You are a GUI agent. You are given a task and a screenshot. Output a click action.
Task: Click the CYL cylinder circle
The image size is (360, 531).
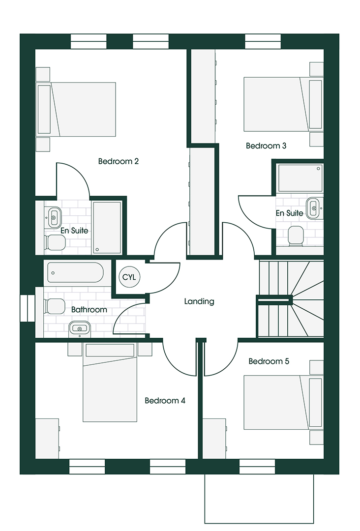129,277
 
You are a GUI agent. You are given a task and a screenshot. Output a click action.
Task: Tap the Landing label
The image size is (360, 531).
199,301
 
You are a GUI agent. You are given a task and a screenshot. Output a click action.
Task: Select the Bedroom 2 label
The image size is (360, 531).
119,161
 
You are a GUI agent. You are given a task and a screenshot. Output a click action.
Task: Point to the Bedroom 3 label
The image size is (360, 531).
266,146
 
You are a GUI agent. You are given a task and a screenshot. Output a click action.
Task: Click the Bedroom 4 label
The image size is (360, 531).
165,401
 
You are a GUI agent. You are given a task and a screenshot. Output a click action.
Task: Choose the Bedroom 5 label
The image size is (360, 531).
269,361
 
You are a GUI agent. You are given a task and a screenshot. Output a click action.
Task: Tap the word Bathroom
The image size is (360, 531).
89,310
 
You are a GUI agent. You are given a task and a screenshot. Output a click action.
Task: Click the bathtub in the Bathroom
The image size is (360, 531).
75,272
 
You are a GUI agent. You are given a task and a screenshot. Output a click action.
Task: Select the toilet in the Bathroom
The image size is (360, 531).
54,306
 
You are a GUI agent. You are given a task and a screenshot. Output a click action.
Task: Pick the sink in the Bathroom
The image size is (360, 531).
80,328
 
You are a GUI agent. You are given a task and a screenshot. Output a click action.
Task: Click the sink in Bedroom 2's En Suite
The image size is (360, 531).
54,217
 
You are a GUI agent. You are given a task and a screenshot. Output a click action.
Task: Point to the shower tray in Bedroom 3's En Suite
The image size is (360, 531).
300,178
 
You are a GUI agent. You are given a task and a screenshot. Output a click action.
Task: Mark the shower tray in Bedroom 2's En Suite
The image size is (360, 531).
107,227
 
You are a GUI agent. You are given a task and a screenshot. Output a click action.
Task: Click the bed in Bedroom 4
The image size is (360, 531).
110,383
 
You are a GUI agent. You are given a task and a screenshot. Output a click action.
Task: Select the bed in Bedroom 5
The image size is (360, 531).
283,402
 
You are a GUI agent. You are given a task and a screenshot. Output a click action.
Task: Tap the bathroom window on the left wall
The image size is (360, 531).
28,308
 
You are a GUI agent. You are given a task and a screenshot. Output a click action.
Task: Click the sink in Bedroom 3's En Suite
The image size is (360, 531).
313,208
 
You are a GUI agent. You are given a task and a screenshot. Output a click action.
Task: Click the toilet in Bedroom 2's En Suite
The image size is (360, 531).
55,242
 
